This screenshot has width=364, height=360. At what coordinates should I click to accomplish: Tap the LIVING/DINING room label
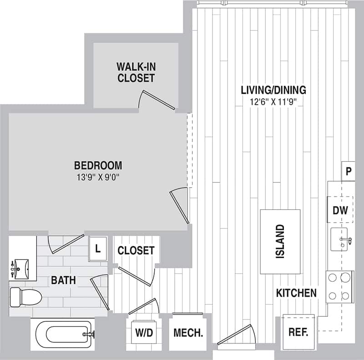tap(273, 90)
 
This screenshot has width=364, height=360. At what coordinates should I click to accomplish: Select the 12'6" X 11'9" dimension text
tap(273, 102)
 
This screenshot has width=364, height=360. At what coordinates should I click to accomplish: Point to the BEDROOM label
tap(98, 165)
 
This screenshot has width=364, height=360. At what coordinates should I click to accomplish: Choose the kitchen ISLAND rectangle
tap(280, 241)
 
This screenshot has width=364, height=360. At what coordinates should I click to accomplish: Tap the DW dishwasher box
tap(340, 210)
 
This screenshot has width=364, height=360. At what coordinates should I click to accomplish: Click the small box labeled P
tap(348, 172)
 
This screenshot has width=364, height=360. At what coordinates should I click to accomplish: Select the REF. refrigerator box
tap(298, 331)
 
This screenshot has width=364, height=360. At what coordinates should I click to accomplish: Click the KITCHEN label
tap(296, 293)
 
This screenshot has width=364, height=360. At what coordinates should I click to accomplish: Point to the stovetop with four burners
tap(340, 286)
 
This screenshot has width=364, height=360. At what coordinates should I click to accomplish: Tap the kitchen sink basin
tap(339, 239)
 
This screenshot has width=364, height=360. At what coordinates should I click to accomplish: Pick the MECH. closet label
tap(188, 333)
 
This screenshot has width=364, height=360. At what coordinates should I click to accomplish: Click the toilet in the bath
tap(25, 297)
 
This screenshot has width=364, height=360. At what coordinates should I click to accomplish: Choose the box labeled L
tap(97, 249)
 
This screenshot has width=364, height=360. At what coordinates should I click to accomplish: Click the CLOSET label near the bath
tap(136, 250)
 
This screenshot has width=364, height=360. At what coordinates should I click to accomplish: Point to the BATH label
tap(63, 279)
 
